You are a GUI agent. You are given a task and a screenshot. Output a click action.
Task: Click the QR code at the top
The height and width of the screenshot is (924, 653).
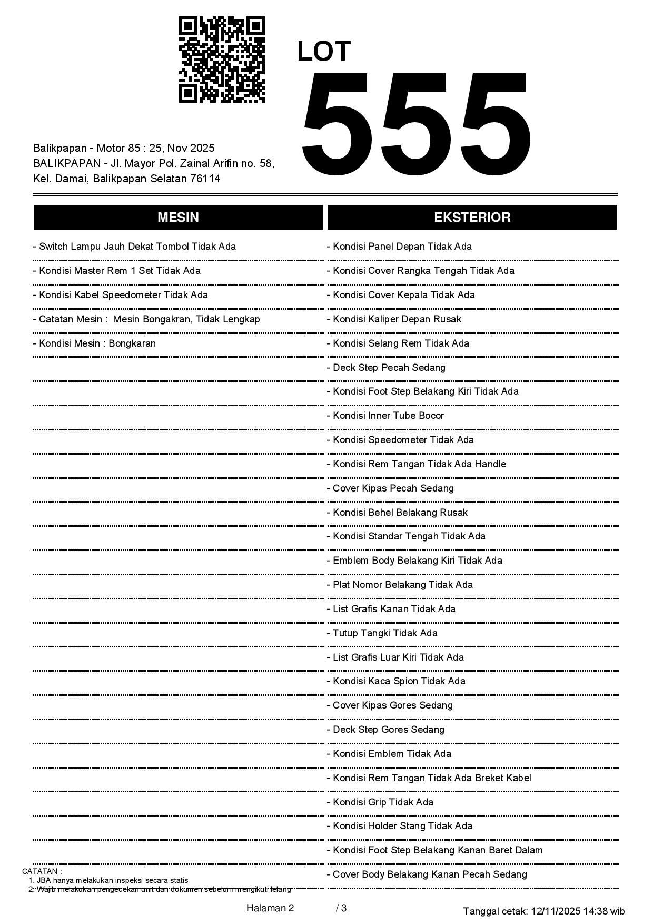pos(222,60)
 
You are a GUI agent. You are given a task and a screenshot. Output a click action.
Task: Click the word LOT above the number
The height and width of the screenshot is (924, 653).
pos(323,52)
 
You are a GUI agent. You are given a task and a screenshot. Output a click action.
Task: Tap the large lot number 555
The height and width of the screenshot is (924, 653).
pos(415,124)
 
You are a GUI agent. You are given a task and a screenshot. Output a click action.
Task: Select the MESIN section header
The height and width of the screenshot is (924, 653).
pos(178,218)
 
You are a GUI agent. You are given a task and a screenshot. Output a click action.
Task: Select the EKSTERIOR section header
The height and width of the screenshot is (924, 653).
pos(472,218)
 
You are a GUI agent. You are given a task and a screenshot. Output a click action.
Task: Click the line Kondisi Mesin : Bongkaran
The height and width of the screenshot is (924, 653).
pos(95,343)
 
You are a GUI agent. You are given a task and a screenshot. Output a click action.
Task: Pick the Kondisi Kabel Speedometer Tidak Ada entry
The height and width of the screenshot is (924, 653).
pos(121,295)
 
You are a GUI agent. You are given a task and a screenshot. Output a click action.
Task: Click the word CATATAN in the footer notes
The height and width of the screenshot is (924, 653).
pos(42,871)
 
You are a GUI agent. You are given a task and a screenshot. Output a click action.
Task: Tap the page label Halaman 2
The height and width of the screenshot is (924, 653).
pos(270,908)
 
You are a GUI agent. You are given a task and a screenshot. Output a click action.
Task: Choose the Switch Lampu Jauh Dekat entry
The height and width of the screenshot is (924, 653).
pos(135,247)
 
